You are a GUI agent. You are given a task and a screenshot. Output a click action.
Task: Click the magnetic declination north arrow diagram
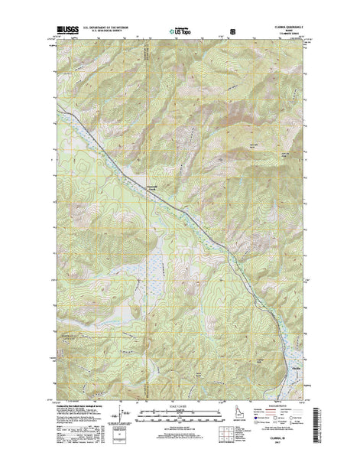tap(129, 417)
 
